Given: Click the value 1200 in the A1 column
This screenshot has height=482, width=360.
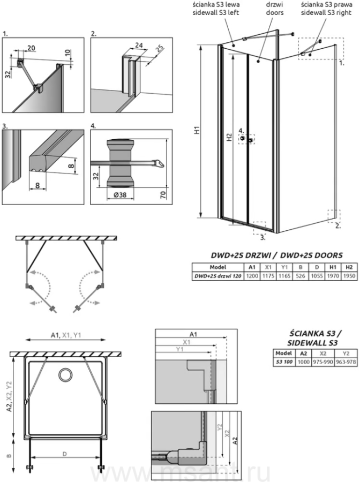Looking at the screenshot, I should tap(251, 276).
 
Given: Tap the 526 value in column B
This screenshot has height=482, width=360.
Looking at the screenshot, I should tap(301, 276).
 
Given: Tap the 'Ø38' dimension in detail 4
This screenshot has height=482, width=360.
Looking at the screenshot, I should tap(121, 195).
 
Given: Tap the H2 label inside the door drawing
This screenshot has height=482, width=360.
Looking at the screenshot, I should tap(229, 138).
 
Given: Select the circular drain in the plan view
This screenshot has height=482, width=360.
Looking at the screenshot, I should tap(67, 374).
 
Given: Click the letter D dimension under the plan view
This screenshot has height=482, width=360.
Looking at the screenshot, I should tap(64, 455).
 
